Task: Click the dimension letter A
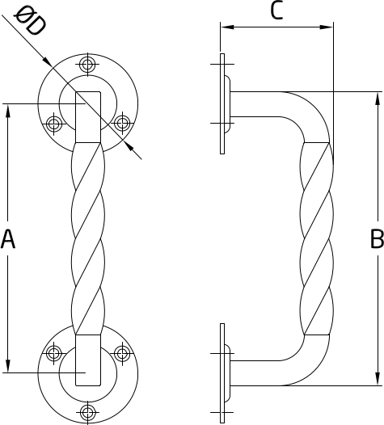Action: tap(7, 239)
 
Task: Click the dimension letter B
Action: tap(377, 239)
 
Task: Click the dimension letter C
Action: tap(276, 11)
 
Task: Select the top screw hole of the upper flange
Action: tap(87, 65)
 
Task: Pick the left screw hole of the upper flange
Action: tap(53, 124)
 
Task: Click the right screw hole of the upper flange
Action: tap(122, 124)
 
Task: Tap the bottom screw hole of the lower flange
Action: tap(87, 412)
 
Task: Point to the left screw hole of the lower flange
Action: tap(53, 353)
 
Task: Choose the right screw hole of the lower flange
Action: tap(122, 353)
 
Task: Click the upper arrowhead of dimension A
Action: tap(8, 111)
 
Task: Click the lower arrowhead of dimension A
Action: tap(8, 366)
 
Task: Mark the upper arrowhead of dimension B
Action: tap(377, 99)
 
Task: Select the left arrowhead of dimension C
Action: tap(227, 27)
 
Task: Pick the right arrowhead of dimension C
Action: tap(327, 27)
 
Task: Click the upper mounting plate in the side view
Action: tap(222, 104)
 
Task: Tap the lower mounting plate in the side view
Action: tap(222, 373)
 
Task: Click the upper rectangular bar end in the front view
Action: tap(88, 117)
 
